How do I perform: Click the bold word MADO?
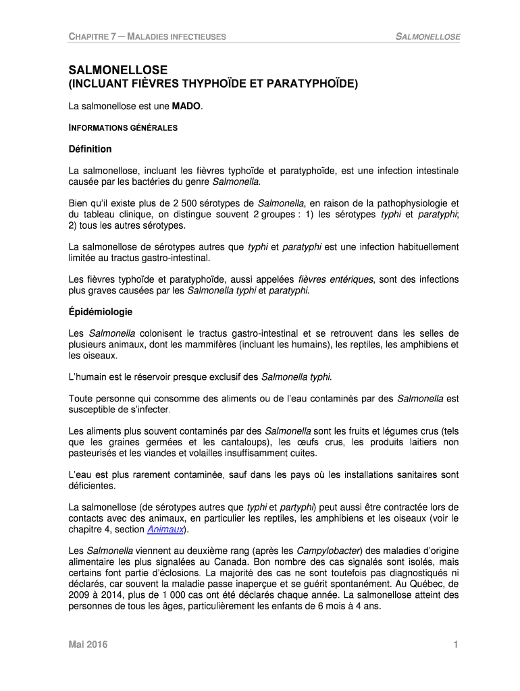[x=186, y=107]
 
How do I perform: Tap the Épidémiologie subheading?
[x=101, y=312]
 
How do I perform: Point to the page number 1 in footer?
[x=457, y=646]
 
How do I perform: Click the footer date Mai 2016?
[x=88, y=646]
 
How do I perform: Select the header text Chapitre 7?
[x=93, y=36]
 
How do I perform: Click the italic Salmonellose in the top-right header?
[x=427, y=36]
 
